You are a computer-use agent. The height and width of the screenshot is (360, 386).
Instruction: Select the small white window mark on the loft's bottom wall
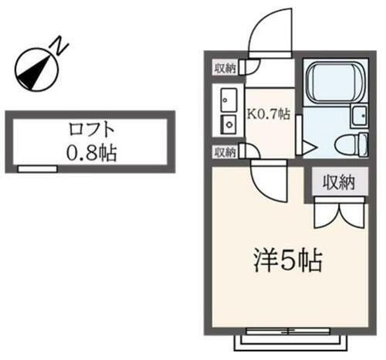tap(38, 168)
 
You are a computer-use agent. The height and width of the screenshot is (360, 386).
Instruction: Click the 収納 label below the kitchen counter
tap(225, 152)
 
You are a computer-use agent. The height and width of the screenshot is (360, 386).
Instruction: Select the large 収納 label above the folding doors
tap(337, 183)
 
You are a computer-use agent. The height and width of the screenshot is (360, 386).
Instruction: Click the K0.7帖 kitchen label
tap(268, 115)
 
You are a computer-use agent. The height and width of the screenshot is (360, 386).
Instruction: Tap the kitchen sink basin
tap(229, 100)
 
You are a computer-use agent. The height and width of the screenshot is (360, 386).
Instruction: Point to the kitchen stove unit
tap(229, 124)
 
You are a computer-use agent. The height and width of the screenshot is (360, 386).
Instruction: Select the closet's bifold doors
tap(337, 214)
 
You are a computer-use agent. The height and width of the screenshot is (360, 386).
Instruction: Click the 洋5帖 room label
tap(287, 260)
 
